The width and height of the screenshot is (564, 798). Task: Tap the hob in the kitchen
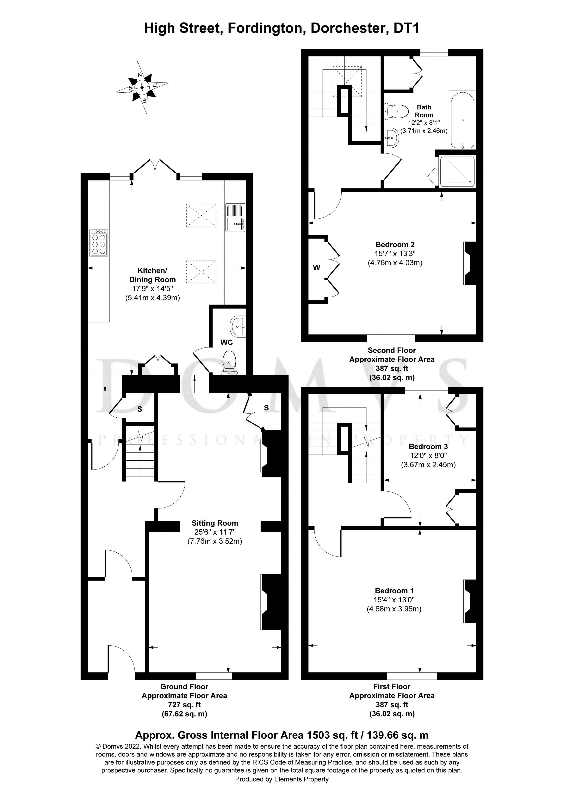(x=99, y=243)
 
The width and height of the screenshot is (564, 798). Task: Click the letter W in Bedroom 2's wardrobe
(x=316, y=268)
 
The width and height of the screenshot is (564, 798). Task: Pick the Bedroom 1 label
(x=394, y=591)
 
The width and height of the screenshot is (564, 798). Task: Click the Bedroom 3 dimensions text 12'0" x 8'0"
(x=428, y=455)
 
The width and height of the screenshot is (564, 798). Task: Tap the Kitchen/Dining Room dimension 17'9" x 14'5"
(x=153, y=288)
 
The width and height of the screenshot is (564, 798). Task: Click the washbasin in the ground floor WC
(x=238, y=326)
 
